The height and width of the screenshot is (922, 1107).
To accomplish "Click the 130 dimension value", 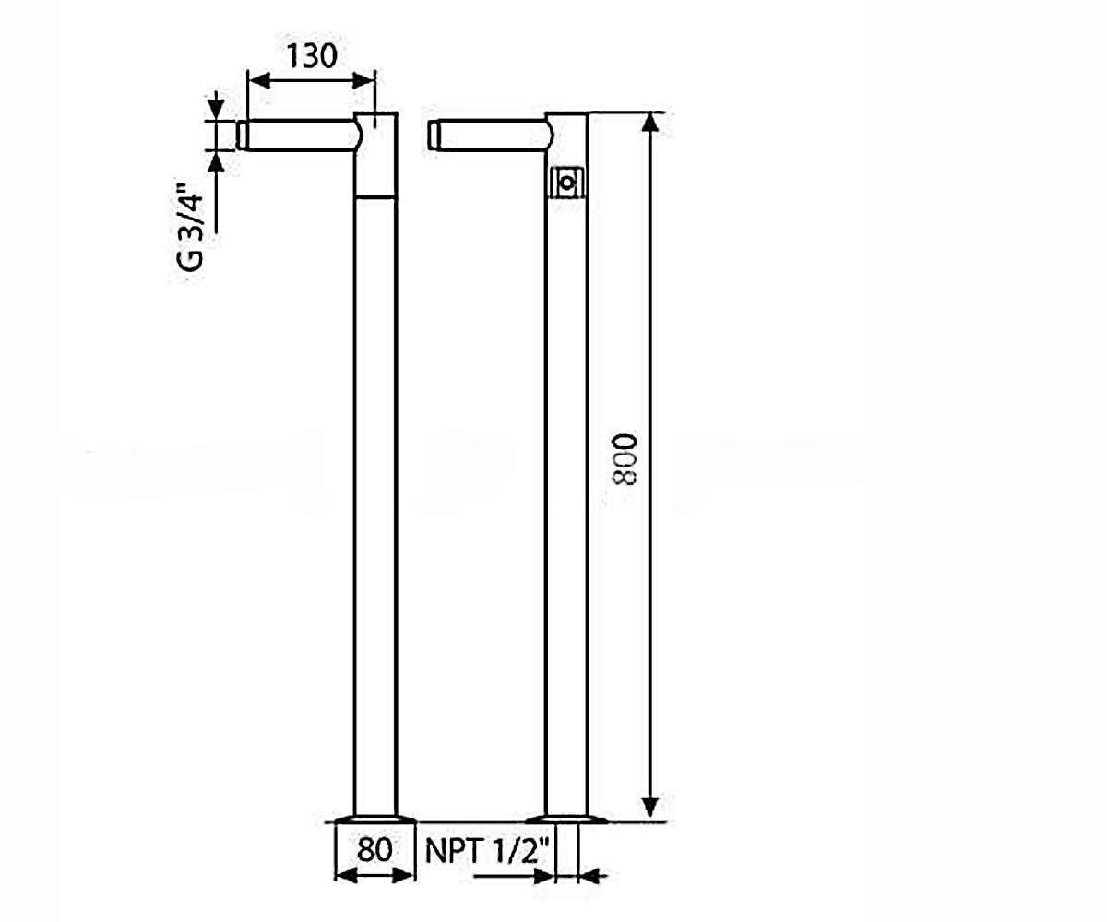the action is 312,56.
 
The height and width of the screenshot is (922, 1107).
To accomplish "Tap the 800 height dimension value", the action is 625,459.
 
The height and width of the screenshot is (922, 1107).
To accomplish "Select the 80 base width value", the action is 375,849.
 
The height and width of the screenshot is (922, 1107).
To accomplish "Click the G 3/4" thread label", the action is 190,227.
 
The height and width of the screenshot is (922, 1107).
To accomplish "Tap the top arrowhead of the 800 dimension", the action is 650,123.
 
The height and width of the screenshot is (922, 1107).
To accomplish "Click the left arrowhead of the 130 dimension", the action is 258,81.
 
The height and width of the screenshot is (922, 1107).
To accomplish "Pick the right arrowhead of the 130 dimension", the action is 363,81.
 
